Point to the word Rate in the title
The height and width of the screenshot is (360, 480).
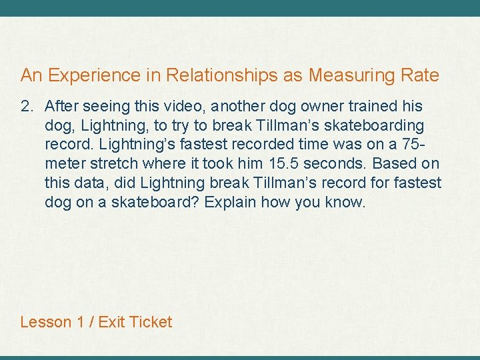coord(420,75)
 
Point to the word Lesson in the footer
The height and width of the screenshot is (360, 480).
coord(45,322)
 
